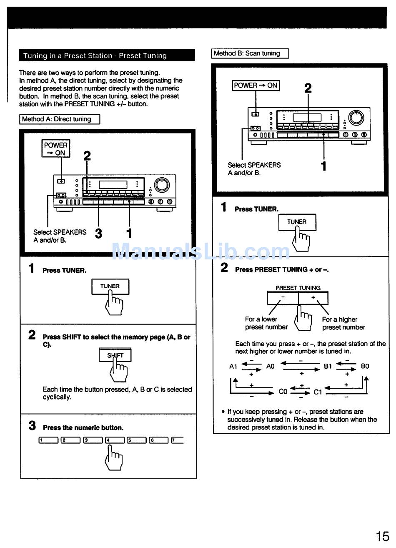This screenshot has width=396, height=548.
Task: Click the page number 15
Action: [382, 535]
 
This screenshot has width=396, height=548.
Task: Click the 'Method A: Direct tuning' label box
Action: [60, 119]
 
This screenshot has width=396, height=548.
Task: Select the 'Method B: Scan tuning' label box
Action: [250, 53]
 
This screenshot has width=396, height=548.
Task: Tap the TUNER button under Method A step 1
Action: [110, 287]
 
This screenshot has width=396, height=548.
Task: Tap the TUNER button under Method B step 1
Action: [297, 222]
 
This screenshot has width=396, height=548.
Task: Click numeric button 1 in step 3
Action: [48, 440]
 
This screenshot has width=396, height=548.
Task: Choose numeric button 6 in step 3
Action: [158, 440]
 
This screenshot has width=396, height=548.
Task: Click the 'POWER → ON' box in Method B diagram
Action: [256, 85]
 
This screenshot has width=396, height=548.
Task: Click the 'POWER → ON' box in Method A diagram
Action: [56, 149]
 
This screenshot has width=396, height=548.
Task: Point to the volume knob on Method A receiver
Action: [162, 184]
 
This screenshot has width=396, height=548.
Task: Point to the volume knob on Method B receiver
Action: [356, 118]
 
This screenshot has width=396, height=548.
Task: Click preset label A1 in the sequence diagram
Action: [233, 367]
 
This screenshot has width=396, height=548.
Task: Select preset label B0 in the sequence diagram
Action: [365, 367]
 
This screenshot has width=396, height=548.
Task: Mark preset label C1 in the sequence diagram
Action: [318, 392]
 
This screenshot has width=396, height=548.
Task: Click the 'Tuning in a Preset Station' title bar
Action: [107, 55]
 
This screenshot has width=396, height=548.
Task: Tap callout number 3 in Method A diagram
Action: [98, 234]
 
